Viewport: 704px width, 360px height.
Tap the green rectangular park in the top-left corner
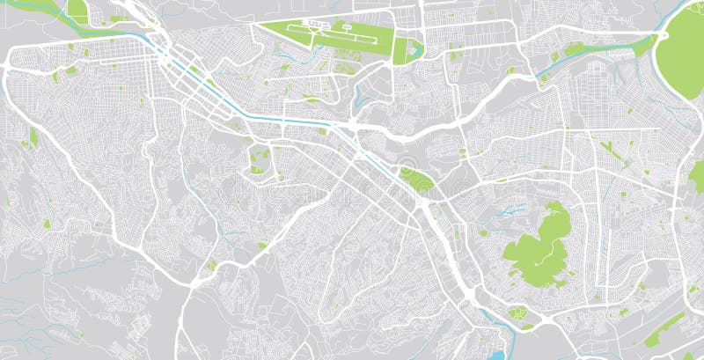pyautogui.click(x=77, y=11)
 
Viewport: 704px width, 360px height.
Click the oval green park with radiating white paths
pyautogui.click(x=517, y=312)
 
